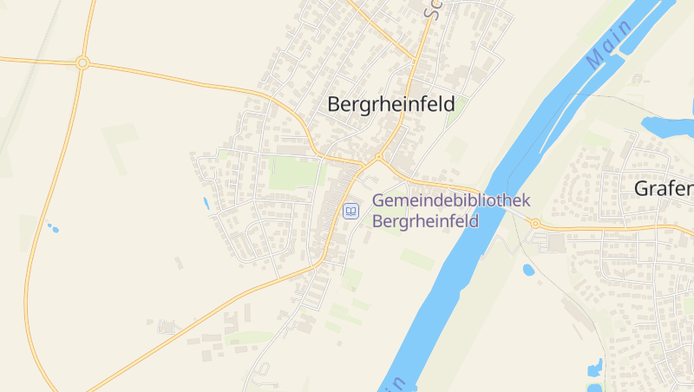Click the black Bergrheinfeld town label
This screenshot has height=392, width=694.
[x=391, y=104]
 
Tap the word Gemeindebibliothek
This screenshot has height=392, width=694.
[x=450, y=200]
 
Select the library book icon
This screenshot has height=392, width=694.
[x=350, y=211]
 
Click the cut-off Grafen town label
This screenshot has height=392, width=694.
[x=664, y=188]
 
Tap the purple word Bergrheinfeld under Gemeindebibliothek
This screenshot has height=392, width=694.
[x=425, y=221]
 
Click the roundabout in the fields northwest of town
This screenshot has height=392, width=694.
[x=82, y=62]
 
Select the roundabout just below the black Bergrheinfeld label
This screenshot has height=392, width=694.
[x=378, y=158]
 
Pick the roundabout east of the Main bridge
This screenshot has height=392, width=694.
[x=535, y=224]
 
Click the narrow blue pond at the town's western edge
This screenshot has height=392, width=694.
[x=206, y=204]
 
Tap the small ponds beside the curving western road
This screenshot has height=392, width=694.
[x=53, y=229]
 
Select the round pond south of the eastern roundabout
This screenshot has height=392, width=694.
[x=528, y=270]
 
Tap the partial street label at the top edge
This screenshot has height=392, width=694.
[x=431, y=9]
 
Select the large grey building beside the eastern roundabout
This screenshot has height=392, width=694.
[x=552, y=243]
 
